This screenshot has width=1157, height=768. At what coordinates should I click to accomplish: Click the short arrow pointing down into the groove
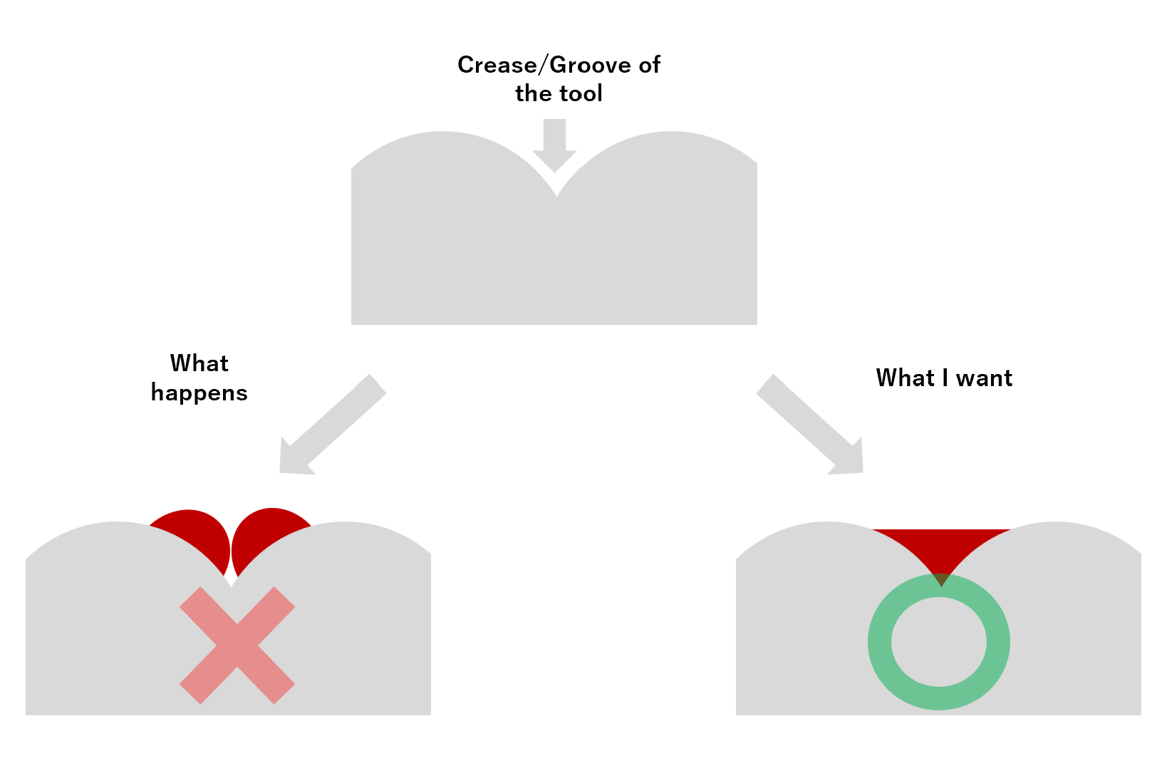554,145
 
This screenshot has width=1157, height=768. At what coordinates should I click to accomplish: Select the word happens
199,393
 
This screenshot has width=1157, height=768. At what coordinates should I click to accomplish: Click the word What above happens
199,363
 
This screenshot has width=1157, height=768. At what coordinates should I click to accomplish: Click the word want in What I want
984,378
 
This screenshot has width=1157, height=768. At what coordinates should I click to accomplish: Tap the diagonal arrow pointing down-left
333,424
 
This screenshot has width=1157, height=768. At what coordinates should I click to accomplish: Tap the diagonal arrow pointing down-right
810,424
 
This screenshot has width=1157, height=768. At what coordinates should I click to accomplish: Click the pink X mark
237,645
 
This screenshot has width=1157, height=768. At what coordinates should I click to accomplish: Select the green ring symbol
939,642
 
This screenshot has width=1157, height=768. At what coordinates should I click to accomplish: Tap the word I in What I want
945,378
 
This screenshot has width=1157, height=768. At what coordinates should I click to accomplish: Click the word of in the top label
649,66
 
